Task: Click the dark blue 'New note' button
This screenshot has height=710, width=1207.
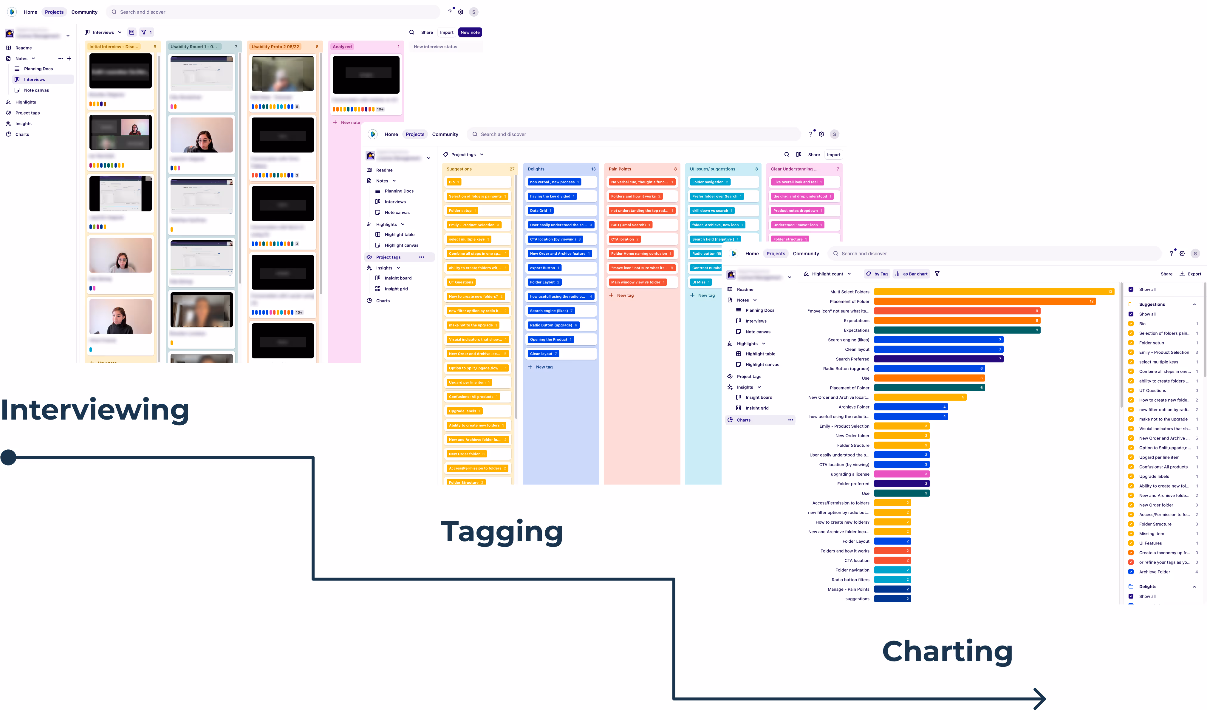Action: pyautogui.click(x=470, y=33)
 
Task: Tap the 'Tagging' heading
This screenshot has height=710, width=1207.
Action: pyautogui.click(x=502, y=532)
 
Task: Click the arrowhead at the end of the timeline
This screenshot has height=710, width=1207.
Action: pyautogui.click(x=1040, y=699)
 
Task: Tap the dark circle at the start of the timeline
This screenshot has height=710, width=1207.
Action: pyautogui.click(x=9, y=457)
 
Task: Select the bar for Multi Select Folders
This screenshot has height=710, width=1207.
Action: pyautogui.click(x=994, y=292)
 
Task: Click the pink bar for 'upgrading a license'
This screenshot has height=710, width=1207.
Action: pyautogui.click(x=901, y=474)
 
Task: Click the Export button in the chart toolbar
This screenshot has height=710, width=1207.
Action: pyautogui.click(x=1190, y=274)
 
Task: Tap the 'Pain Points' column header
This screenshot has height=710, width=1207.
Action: pyautogui.click(x=620, y=169)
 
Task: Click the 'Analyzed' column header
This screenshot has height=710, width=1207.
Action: pyautogui.click(x=343, y=47)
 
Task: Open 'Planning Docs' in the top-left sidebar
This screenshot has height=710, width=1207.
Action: pyautogui.click(x=38, y=69)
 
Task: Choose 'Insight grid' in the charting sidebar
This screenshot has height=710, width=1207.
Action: pyautogui.click(x=757, y=408)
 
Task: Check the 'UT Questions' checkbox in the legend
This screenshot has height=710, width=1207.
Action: pyautogui.click(x=1131, y=390)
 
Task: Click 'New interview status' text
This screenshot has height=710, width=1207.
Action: pyautogui.click(x=435, y=47)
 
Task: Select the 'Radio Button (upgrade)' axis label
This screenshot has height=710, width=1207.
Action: pyautogui.click(x=846, y=369)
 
